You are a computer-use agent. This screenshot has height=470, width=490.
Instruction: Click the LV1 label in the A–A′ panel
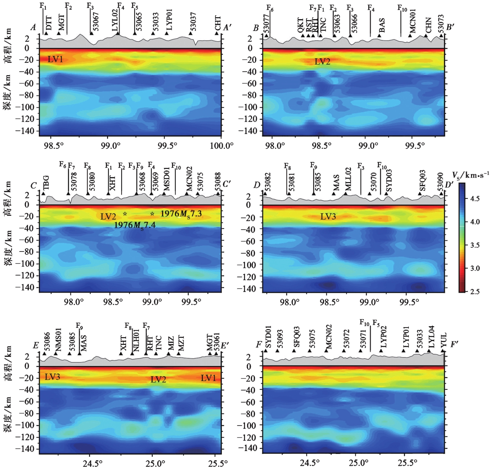coord(55,59)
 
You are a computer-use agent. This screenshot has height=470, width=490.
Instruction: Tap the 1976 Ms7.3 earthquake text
coord(181,214)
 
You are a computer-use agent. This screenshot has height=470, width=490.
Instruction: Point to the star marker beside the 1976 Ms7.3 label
coord(152,214)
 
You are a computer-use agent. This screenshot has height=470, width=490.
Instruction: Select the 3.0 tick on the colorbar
coord(475,268)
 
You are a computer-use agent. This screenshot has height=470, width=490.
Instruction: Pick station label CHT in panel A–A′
coord(218,23)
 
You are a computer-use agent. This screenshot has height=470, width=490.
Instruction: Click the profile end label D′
coord(449,185)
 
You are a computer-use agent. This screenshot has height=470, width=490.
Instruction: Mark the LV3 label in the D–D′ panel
coord(328,217)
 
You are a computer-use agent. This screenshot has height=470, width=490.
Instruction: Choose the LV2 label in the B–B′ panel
coord(322,61)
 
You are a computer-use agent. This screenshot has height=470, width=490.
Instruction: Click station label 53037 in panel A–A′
coord(193,22)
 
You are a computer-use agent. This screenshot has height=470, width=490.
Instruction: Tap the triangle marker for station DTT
coord(46,33)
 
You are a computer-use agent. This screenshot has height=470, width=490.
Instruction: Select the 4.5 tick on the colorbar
coord(475,199)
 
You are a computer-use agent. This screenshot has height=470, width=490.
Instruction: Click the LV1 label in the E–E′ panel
coord(208,378)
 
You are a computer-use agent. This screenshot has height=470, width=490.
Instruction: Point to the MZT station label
coord(181,343)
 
